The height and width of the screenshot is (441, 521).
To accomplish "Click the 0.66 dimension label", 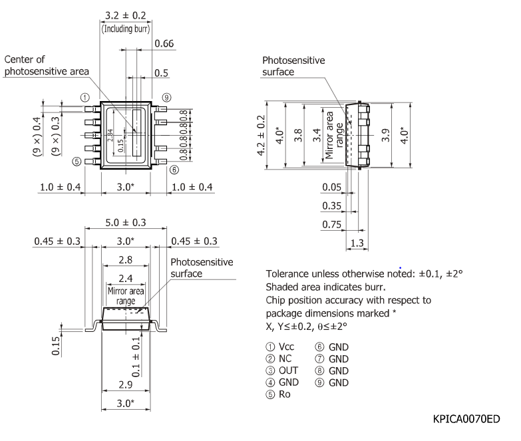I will pos(164,44).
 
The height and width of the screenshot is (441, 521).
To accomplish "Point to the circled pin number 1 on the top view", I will pos(85,97).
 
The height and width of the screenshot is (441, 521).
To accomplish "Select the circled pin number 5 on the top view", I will pos(77,161).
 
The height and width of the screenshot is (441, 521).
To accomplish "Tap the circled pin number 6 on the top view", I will pos(174,170).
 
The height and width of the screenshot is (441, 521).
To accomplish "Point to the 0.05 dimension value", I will pos(332,187).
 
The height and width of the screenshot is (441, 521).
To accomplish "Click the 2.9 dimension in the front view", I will pos(125,385).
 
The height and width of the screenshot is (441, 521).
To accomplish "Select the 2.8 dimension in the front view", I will pos(125,259).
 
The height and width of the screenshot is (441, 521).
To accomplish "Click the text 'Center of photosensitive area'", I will pos(47,66).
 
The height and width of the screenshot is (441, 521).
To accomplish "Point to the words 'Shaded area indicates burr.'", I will pos(326,287).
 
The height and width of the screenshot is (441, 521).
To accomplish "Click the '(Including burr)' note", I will pos(126,29).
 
